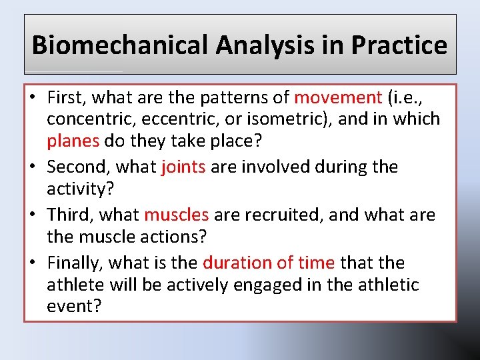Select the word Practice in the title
coord(399,45)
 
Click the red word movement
coord(337,97)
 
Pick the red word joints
coord(183,167)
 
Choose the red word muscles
coord(177,215)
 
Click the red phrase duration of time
coord(271,263)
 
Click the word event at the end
coord(71,306)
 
